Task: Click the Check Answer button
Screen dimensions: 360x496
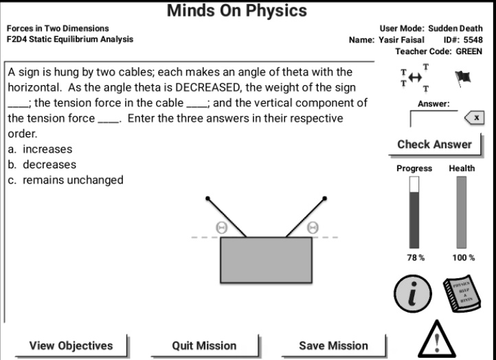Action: point(435,144)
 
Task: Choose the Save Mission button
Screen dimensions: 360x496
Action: point(333,346)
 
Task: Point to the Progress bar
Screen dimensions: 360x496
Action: point(414,212)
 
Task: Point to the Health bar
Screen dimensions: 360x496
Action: point(462,212)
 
